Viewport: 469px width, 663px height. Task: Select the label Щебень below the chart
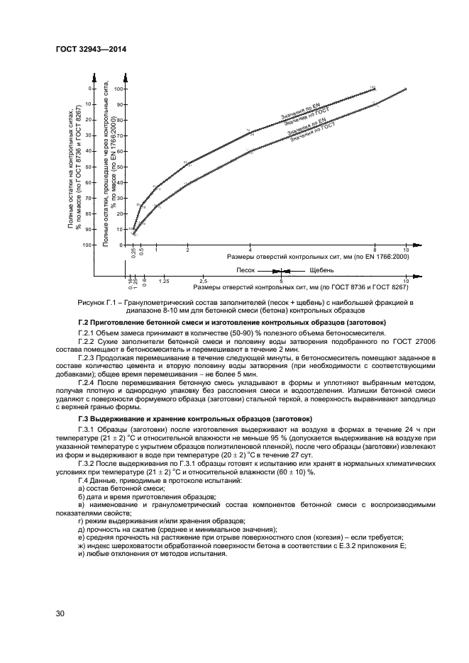[x=321, y=271]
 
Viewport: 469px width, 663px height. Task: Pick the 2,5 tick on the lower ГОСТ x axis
[x=204, y=282]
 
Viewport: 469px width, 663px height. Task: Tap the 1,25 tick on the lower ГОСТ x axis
[x=163, y=282]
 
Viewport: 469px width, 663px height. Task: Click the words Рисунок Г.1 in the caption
[x=96, y=303]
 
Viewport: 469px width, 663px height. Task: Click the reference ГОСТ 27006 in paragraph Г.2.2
[x=387, y=340]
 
